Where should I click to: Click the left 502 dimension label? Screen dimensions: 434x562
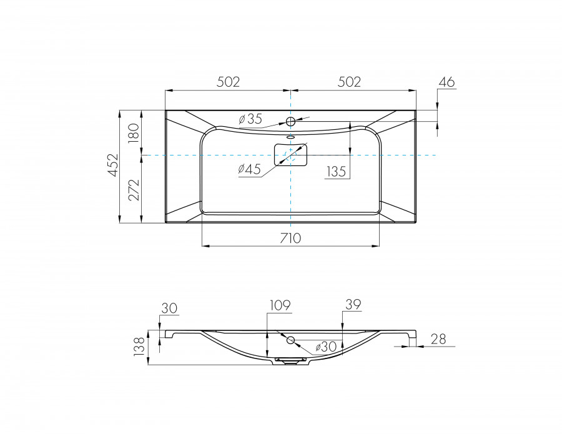[228, 82]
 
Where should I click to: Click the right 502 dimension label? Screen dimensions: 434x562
[349, 82]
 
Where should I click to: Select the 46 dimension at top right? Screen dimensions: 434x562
[447, 82]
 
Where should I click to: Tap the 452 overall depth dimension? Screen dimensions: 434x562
[113, 166]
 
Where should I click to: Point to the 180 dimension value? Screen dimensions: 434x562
[133, 133]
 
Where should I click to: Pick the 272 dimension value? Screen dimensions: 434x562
[133, 189]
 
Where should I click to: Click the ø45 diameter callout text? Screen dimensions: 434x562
[249, 169]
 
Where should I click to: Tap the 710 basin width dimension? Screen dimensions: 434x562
[291, 238]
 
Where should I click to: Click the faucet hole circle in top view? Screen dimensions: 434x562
[291, 121]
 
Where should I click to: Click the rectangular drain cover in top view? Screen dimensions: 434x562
[291, 154]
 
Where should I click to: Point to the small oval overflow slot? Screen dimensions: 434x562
[291, 137]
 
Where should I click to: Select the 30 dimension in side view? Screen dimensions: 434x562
[169, 308]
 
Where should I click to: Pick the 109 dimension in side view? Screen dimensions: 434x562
[280, 305]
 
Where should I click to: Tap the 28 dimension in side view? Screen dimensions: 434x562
[438, 338]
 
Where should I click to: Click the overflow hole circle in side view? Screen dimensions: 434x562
[291, 340]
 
